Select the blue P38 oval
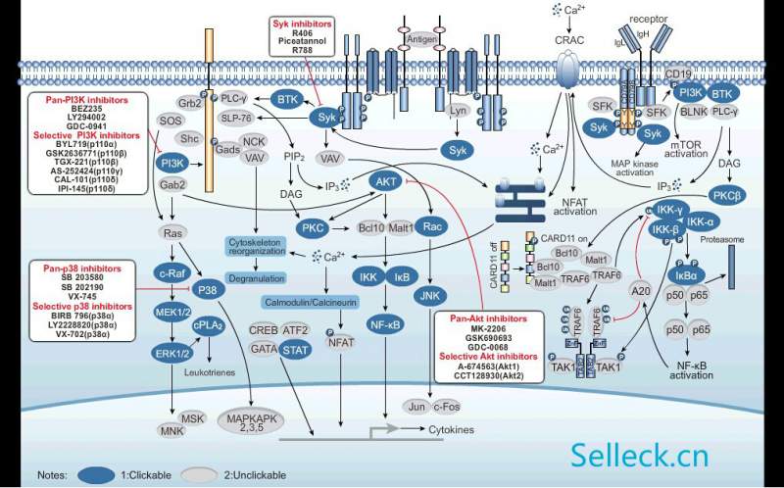(207, 290)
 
